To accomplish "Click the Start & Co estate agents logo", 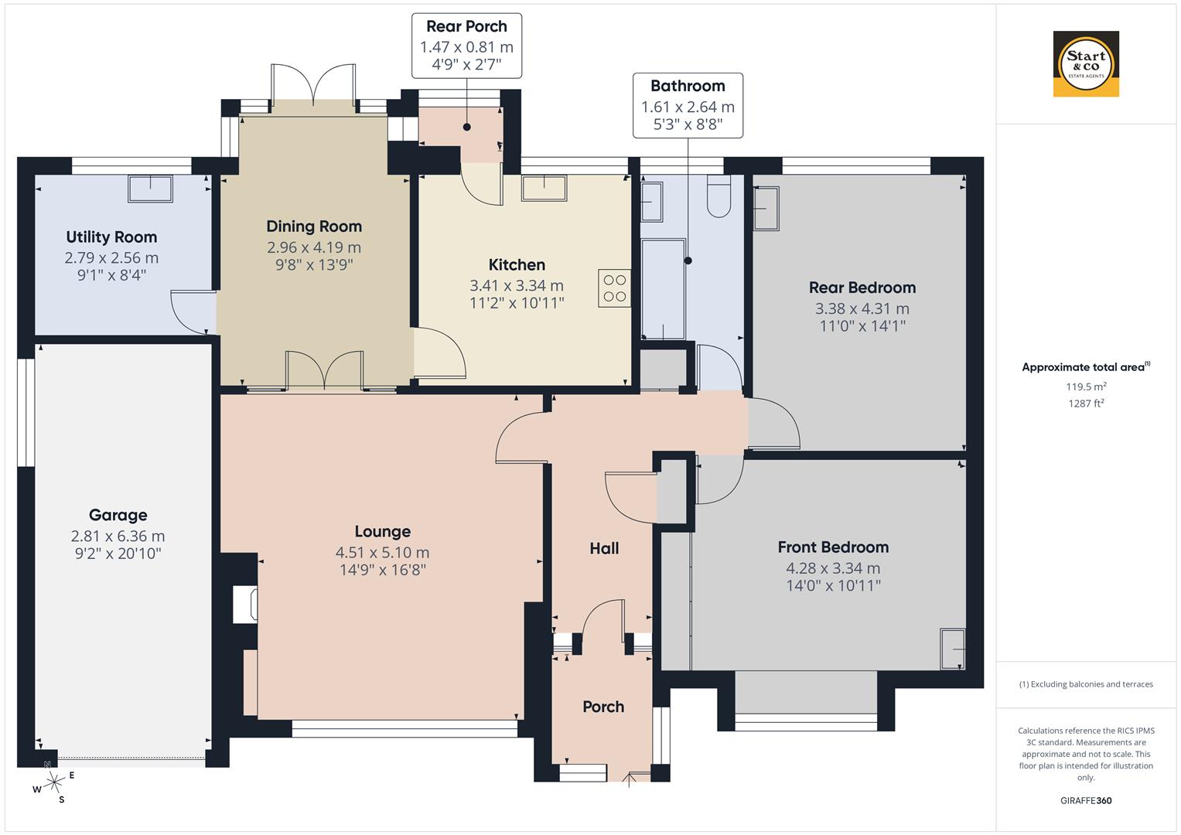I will point(1086,64).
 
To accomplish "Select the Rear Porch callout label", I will point(466,46).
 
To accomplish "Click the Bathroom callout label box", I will point(688,105).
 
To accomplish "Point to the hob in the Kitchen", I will point(615,288).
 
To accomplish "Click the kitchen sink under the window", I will point(544,188).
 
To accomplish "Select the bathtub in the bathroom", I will point(663,289).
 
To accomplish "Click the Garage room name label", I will point(118,515).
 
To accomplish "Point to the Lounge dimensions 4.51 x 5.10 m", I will point(382,553).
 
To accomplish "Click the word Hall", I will point(604,548).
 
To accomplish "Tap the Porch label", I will point(603,707).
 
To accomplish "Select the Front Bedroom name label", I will point(833,547).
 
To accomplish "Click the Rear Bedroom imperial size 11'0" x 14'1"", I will point(862,325).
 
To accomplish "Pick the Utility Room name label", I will point(111,237).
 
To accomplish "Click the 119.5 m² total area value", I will point(1086,387).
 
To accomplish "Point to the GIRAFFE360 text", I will point(1086,800).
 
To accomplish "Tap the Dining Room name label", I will point(314,227).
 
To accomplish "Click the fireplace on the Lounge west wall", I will point(246,605).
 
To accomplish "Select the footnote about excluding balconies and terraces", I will point(1086,684).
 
